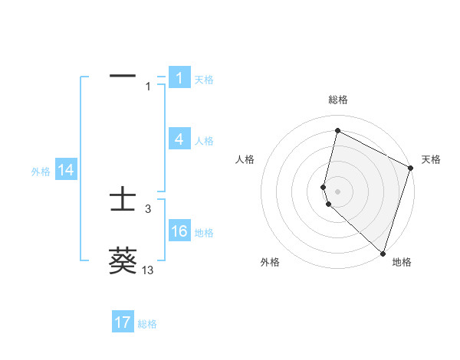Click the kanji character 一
(x=123, y=77)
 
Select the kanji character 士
(x=123, y=200)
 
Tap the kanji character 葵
(x=123, y=260)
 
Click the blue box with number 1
(x=179, y=77)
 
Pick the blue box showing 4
(x=179, y=139)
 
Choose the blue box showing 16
(x=179, y=231)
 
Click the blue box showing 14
(x=66, y=170)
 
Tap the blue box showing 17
(x=123, y=322)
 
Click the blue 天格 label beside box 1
(x=204, y=79)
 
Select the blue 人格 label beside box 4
(x=204, y=141)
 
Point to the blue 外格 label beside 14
(x=41, y=172)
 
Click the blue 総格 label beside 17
(x=147, y=324)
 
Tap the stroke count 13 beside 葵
(x=148, y=270)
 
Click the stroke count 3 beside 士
(x=148, y=208)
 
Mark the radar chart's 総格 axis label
(x=338, y=100)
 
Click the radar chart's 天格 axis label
(x=431, y=159)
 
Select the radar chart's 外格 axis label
(x=270, y=262)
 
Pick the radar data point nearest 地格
(x=383, y=253)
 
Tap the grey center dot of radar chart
(x=338, y=191)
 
